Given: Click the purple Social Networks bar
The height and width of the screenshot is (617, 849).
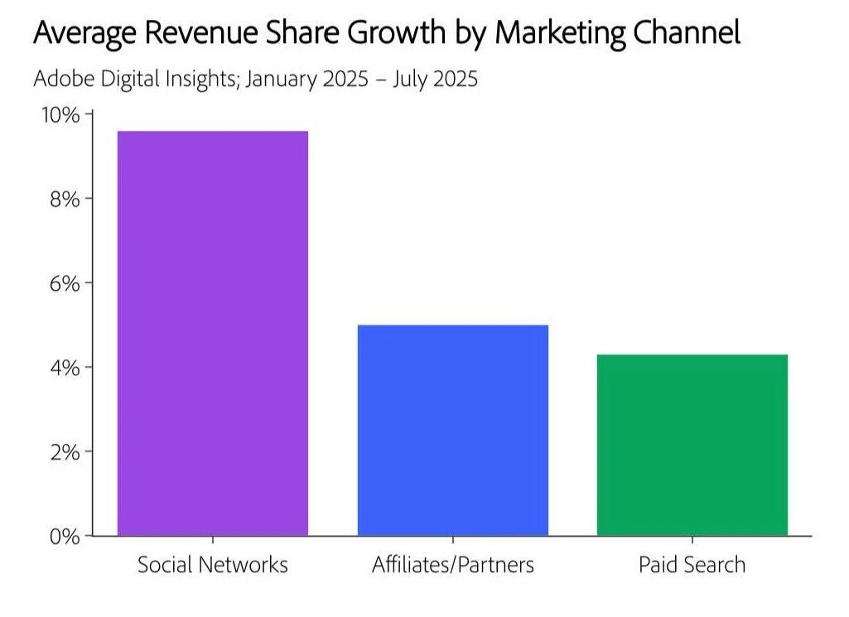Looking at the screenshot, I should pos(213,333).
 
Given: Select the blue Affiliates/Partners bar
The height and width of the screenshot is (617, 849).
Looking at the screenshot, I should pos(452,430).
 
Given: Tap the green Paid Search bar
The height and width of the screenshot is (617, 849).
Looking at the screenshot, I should pos(692,445).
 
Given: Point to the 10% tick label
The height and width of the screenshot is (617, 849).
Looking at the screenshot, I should pos(61,114).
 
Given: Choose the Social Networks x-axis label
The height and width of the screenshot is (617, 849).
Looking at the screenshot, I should pos(213,565).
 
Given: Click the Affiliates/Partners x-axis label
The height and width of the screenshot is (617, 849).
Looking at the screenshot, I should pos(452,565).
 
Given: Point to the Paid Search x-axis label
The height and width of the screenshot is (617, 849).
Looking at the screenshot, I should pos(692,565).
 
